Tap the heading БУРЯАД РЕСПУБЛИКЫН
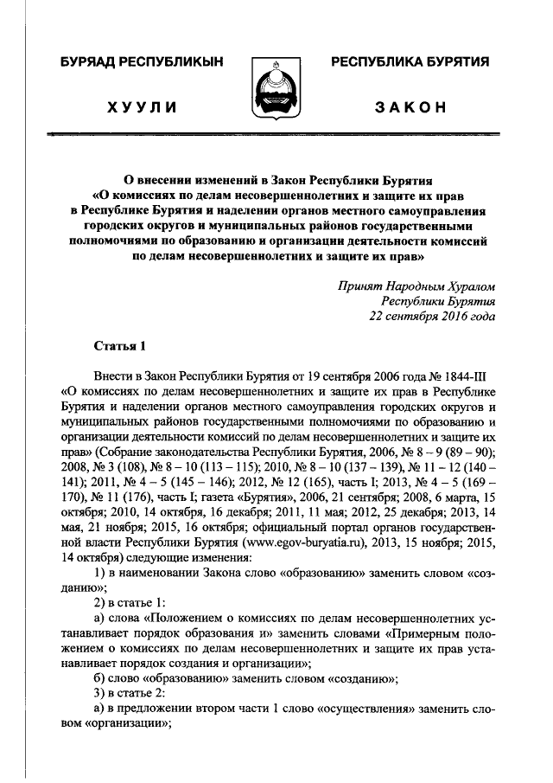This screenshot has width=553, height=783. click(143, 61)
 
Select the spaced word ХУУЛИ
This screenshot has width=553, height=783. click(143, 107)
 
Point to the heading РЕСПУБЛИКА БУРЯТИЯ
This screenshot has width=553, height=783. click(410, 61)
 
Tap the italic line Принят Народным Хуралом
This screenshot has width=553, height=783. click(417, 285)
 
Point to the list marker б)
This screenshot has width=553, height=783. click(99, 677)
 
